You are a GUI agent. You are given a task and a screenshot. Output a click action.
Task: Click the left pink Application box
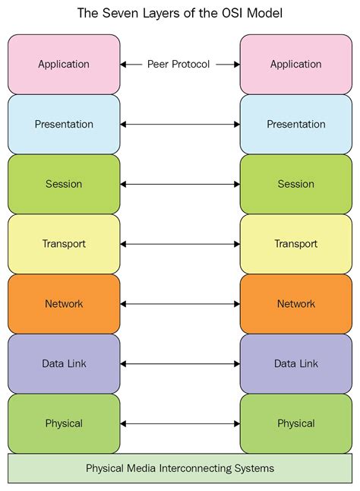(x=64, y=65)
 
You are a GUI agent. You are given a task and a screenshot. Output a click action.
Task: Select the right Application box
(x=295, y=65)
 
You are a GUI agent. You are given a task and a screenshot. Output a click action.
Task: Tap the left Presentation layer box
(x=64, y=124)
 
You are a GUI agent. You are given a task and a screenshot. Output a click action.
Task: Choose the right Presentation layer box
(x=295, y=124)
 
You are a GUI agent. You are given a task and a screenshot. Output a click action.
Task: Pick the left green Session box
(x=64, y=184)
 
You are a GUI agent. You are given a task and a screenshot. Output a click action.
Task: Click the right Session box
(x=295, y=184)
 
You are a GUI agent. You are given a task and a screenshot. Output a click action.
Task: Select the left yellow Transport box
(x=64, y=244)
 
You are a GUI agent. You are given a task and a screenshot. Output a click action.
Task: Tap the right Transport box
(x=295, y=244)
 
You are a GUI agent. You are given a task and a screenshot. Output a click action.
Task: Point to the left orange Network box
(x=64, y=303)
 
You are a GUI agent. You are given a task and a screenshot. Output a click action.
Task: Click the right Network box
(x=295, y=303)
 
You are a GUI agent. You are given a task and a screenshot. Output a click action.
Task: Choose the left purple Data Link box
(x=64, y=363)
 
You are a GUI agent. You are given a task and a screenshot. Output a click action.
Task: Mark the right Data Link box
(x=295, y=363)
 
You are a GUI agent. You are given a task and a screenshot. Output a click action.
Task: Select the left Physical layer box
(x=64, y=423)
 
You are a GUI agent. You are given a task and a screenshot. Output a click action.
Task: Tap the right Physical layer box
(x=295, y=423)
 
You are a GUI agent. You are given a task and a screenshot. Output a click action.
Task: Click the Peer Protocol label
(x=179, y=65)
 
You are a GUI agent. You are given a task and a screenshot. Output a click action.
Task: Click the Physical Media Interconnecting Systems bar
(x=180, y=468)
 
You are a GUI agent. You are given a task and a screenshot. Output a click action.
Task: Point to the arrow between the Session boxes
(x=180, y=184)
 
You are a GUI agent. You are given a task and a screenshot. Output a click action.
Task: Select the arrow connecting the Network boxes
(x=180, y=304)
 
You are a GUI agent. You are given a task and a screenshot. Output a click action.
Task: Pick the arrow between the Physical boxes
(x=180, y=423)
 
